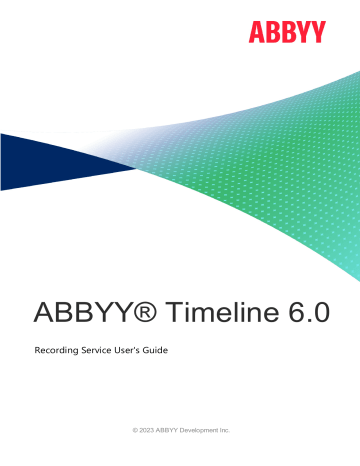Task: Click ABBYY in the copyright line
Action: point(168,429)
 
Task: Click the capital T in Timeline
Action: point(173,311)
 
